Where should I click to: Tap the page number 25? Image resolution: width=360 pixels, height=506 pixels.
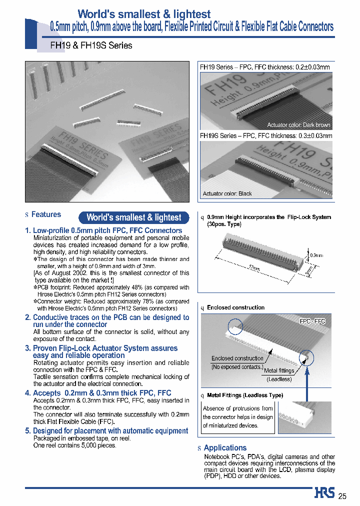[342, 496]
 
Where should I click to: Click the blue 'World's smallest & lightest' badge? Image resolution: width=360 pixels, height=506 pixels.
[134, 217]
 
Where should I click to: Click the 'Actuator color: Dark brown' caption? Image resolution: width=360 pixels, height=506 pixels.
[298, 125]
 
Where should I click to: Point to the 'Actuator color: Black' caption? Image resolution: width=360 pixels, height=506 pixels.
[227, 193]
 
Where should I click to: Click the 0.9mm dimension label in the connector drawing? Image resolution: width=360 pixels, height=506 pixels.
[316, 255]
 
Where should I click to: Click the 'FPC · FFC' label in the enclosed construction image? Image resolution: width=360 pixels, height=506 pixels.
[312, 321]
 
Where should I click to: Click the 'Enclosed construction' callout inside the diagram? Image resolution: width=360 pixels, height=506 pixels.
[237, 358]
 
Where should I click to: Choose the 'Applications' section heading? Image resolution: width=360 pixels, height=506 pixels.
[225, 448]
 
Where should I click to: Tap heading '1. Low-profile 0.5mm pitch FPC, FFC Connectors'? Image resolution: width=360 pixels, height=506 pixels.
[103, 230]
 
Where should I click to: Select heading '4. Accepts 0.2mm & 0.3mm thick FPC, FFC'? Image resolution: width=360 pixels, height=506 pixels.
[98, 393]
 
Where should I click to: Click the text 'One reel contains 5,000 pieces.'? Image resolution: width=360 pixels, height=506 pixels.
[74, 445]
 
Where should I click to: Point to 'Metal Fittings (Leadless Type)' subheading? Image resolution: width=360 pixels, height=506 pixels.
[245, 395]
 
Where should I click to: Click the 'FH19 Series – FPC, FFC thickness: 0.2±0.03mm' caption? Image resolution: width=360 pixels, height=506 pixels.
[265, 66]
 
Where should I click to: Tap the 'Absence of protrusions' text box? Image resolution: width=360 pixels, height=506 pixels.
[237, 417]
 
